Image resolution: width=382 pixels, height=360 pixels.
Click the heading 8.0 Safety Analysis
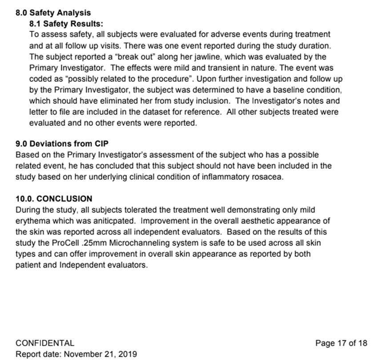(x=53, y=13)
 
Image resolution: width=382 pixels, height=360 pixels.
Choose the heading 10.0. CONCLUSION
(x=54, y=198)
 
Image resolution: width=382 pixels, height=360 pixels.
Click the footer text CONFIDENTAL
(x=45, y=343)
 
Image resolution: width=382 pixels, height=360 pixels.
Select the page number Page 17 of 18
(x=341, y=343)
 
